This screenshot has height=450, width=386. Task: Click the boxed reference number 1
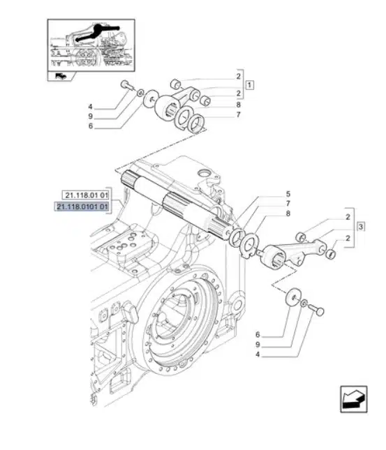(249, 85)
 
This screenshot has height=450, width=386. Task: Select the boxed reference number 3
(361, 227)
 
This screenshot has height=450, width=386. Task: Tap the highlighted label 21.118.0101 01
(82, 207)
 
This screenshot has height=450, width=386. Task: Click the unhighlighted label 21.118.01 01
(86, 195)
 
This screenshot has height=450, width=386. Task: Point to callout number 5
(288, 194)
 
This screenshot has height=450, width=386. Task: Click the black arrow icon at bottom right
(354, 399)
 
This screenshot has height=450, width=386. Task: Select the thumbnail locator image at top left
(91, 45)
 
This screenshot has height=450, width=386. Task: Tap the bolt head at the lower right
(320, 311)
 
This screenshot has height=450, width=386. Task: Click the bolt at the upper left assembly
(126, 84)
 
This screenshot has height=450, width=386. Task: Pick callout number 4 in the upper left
(90, 107)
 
